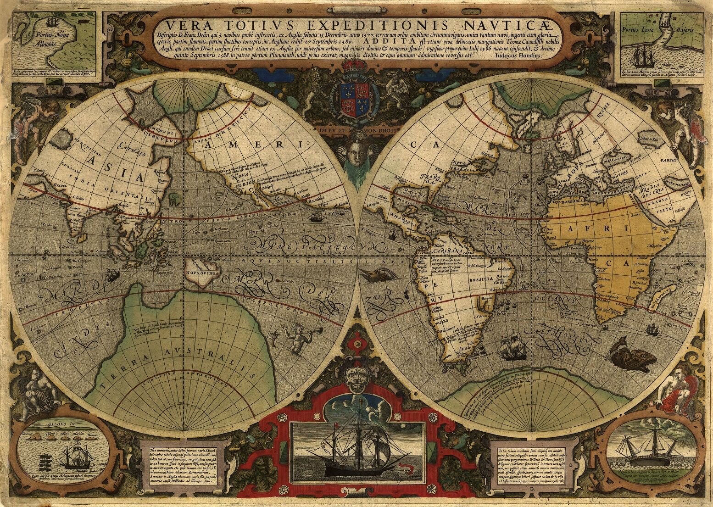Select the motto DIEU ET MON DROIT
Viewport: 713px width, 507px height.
click(x=356, y=129)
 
